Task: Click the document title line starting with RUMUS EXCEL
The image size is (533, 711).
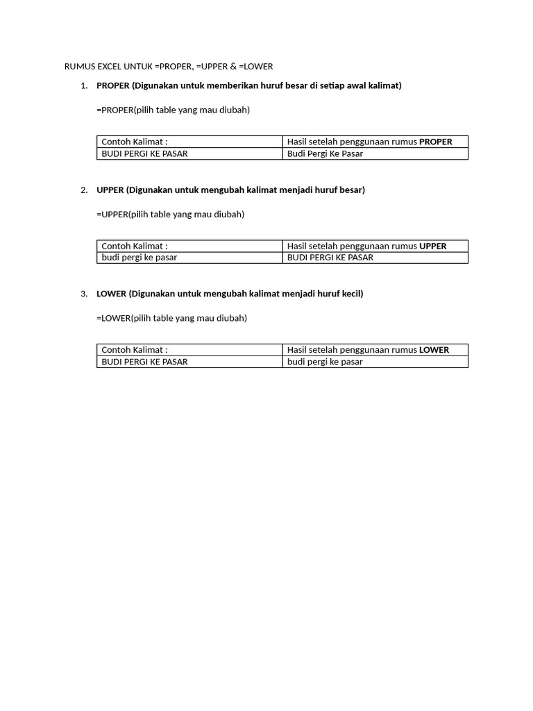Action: click(x=169, y=67)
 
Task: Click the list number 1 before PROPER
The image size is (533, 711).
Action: click(x=84, y=85)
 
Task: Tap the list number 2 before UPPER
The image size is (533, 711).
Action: click(x=84, y=190)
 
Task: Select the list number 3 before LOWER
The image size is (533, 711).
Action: click(x=84, y=294)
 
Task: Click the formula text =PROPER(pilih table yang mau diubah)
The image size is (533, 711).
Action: click(x=173, y=110)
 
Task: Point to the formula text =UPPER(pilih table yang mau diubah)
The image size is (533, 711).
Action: click(x=170, y=214)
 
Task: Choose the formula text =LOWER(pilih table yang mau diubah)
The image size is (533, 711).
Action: click(x=171, y=318)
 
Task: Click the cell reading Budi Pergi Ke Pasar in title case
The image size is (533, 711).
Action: click(x=325, y=153)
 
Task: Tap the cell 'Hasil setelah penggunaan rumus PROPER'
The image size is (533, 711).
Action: click(x=369, y=142)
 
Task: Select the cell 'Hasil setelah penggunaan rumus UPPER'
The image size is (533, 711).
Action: click(x=366, y=246)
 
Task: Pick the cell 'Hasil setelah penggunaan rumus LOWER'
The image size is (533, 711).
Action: click(x=368, y=350)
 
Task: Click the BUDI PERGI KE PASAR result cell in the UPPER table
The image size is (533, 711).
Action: click(x=330, y=258)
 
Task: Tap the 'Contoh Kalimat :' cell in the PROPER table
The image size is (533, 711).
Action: click(x=135, y=142)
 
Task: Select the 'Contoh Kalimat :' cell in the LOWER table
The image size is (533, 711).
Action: click(x=135, y=350)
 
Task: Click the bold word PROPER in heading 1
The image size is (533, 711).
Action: click(x=113, y=85)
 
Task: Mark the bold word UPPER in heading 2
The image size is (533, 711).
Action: click(x=110, y=190)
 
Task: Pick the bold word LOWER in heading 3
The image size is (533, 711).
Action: click(x=111, y=294)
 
